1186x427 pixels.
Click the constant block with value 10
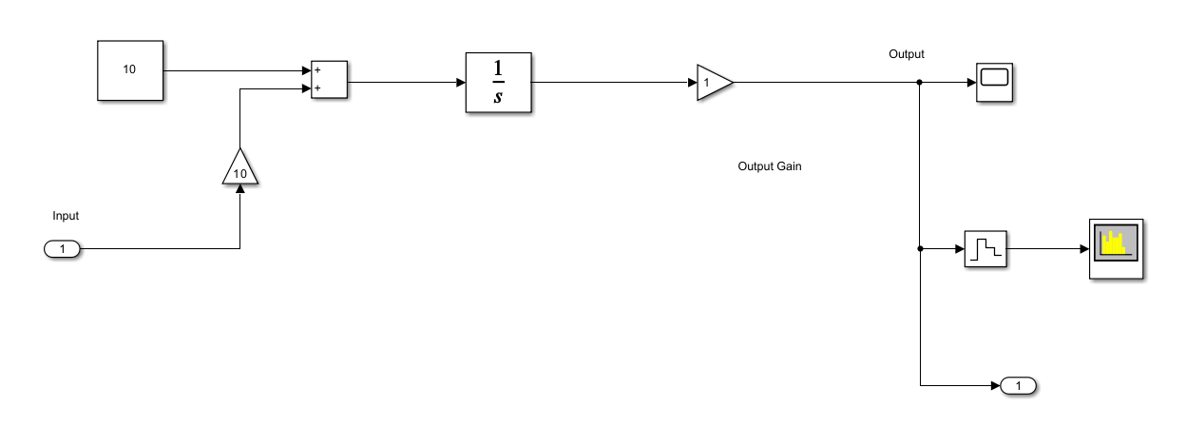click(x=130, y=70)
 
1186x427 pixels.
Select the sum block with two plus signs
click(x=330, y=80)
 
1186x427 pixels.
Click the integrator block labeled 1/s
click(x=498, y=83)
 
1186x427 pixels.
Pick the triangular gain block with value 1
click(x=713, y=83)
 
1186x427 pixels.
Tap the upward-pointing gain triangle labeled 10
click(x=239, y=169)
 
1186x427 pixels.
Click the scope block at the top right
click(x=996, y=82)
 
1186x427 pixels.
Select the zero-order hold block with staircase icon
click(x=985, y=249)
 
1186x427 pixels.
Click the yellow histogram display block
click(x=1116, y=248)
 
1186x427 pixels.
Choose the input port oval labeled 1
click(x=63, y=249)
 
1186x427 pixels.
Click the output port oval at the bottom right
click(x=1018, y=385)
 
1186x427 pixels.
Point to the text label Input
click(x=66, y=216)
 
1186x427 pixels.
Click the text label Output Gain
click(x=770, y=165)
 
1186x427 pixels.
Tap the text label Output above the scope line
click(x=906, y=54)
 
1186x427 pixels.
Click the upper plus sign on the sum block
click(x=316, y=70)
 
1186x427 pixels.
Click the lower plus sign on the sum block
click(x=316, y=88)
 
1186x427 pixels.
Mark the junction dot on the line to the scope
click(x=920, y=83)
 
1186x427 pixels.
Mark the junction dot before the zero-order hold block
click(x=920, y=249)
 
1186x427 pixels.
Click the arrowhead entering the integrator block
click(x=460, y=83)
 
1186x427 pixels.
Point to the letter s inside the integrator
click(x=498, y=97)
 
